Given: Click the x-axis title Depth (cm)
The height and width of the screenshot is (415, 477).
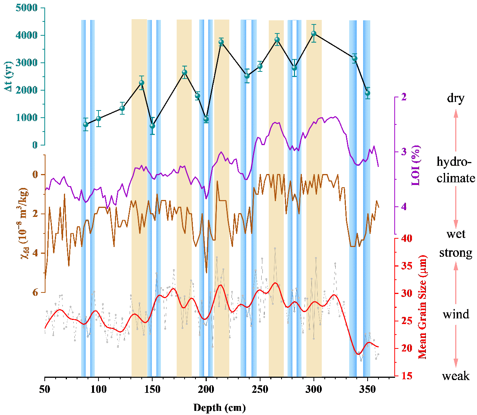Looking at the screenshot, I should [x=220, y=408].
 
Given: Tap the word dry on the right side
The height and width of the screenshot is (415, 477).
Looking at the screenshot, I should [x=456, y=98].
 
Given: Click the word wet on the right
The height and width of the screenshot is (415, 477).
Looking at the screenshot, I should [x=456, y=234].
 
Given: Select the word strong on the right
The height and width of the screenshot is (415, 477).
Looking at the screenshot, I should [x=456, y=253].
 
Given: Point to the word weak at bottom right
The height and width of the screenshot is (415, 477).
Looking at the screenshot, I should [x=456, y=376].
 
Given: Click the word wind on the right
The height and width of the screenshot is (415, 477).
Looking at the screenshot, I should [x=456, y=314].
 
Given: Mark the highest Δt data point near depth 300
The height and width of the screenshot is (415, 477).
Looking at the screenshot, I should [x=314, y=33].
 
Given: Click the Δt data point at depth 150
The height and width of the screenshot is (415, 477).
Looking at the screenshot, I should [x=152, y=126].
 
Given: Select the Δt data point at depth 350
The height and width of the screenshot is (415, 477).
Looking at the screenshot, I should [x=367, y=93].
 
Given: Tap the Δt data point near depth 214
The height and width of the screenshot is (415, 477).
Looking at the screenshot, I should [x=221, y=42].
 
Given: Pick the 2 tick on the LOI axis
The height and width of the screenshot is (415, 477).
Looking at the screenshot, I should [x=404, y=97].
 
